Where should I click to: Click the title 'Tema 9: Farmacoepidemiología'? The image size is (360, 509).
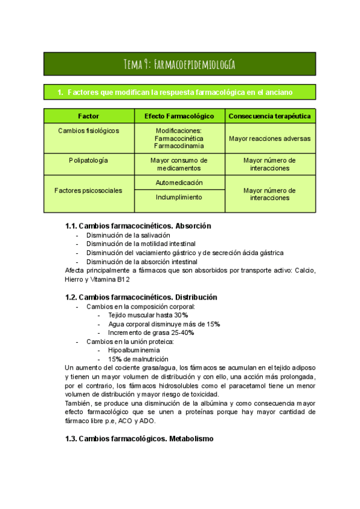[179, 64]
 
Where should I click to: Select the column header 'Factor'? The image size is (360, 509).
[89, 116]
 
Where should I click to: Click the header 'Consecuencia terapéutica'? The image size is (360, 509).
[269, 116]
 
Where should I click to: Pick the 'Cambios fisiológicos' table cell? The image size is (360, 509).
[89, 130]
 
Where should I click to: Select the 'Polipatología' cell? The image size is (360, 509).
[89, 160]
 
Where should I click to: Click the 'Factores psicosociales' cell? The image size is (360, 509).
[88, 190]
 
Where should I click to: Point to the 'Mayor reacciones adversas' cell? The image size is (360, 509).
[269, 138]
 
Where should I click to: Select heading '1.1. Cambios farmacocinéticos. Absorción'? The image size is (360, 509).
[138, 226]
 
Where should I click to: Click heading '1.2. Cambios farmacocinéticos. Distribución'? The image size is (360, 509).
[141, 297]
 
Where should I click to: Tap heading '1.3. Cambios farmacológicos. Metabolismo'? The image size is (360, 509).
[139, 439]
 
